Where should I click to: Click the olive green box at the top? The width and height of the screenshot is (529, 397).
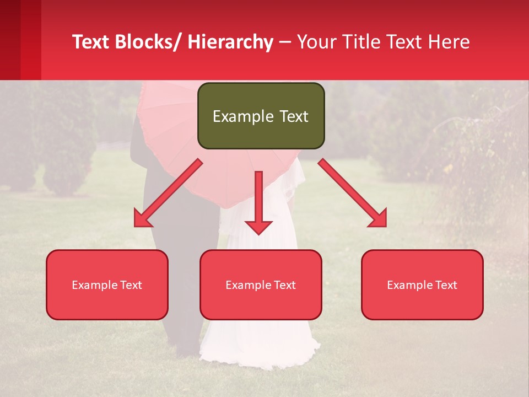(261, 116)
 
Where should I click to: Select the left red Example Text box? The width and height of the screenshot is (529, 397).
(107, 285)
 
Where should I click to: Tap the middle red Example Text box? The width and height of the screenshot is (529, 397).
(261, 285)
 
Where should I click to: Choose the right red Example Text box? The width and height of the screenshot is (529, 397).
(422, 285)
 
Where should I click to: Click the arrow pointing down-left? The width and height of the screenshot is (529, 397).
(168, 193)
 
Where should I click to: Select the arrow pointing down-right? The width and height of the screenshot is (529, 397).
(353, 193)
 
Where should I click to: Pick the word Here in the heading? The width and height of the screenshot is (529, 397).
(451, 42)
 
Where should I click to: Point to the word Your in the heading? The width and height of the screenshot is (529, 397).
(317, 42)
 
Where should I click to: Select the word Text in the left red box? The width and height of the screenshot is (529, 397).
(131, 285)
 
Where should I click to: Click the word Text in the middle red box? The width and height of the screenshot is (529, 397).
(284, 285)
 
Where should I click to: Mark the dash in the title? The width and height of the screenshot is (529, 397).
(285, 42)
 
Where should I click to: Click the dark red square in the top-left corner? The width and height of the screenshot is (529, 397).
(11, 39)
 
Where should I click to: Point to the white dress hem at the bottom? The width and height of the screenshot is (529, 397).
(259, 353)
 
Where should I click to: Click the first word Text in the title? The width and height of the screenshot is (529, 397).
(91, 42)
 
